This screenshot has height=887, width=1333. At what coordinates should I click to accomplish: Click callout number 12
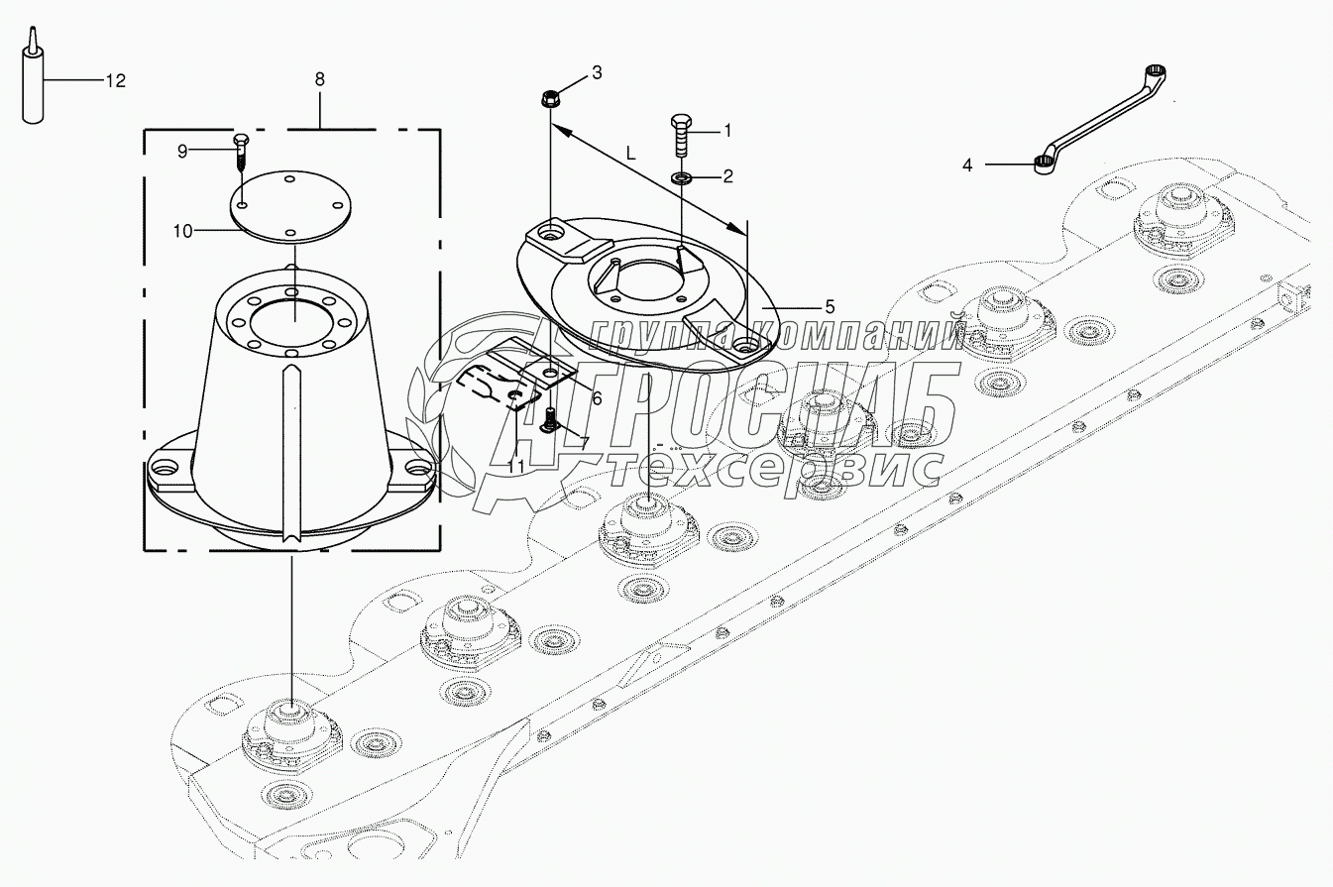click(116, 81)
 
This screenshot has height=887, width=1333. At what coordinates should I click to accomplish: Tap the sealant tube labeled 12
click(34, 76)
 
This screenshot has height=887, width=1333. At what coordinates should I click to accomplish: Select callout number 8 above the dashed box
click(319, 79)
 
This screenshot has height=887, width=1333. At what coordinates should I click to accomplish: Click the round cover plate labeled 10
click(290, 207)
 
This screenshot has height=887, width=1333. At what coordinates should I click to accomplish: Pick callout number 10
click(182, 231)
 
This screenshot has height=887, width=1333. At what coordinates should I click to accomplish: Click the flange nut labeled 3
click(549, 98)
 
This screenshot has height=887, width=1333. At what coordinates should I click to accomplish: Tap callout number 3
click(597, 73)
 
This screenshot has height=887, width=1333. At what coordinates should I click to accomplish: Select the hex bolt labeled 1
click(681, 136)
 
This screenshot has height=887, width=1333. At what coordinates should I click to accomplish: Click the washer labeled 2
click(681, 177)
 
